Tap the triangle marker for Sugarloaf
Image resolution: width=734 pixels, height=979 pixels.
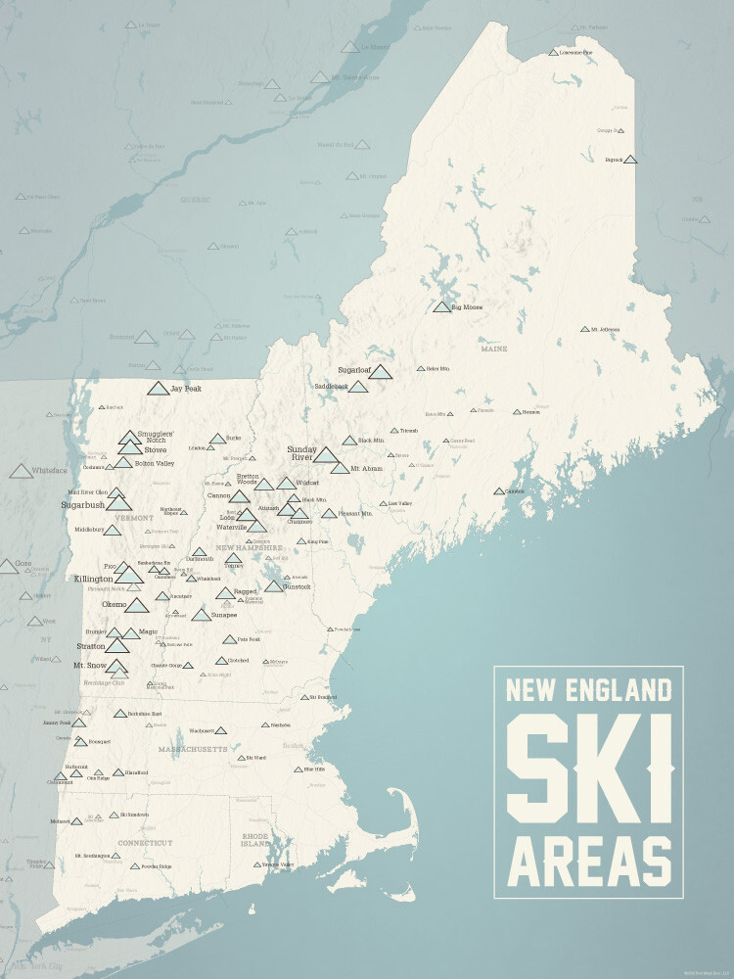(x=380, y=372)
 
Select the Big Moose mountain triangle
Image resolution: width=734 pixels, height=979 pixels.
(x=442, y=306)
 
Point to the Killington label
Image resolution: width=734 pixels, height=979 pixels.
(x=94, y=580)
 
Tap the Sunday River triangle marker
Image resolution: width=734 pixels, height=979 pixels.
(x=326, y=454)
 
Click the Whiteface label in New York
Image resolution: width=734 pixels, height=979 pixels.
(x=49, y=471)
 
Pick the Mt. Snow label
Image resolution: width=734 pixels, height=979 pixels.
(x=90, y=665)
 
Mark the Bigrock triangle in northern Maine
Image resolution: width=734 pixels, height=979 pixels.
(x=630, y=159)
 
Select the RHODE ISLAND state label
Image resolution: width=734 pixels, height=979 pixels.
(x=255, y=839)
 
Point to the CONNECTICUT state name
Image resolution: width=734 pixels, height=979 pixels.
(x=145, y=842)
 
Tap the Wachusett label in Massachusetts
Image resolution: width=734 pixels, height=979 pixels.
(x=201, y=730)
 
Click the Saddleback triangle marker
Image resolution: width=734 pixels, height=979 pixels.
(x=358, y=387)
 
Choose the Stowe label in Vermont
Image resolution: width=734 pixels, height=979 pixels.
(x=156, y=450)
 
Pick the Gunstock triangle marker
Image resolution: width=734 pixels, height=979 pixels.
(x=274, y=586)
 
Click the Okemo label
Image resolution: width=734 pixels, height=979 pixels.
(x=114, y=605)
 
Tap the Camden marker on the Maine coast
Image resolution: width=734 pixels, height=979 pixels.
(x=499, y=490)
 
